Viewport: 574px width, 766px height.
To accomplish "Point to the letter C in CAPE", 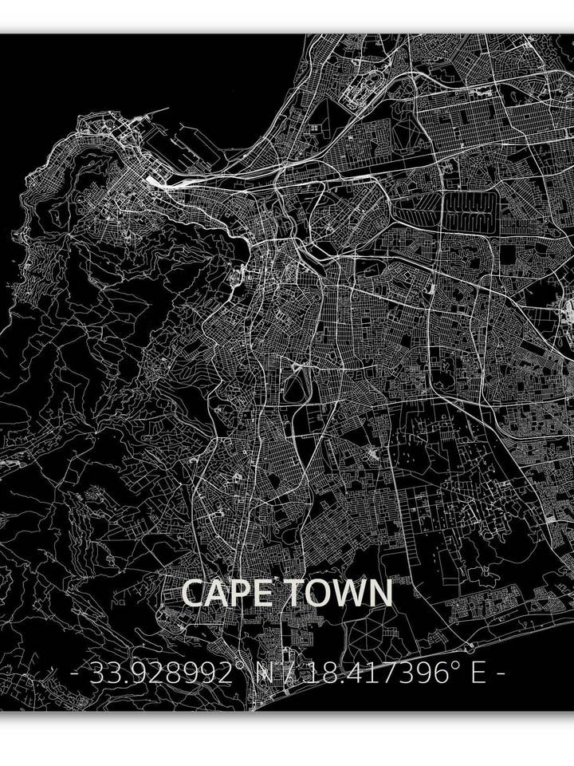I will [194, 594].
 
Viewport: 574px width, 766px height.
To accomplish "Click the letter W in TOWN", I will [347, 594].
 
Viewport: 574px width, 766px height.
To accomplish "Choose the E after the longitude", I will [478, 674].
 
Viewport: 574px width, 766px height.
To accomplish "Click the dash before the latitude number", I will [75, 675].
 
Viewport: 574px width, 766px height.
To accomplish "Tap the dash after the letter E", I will [501, 675].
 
